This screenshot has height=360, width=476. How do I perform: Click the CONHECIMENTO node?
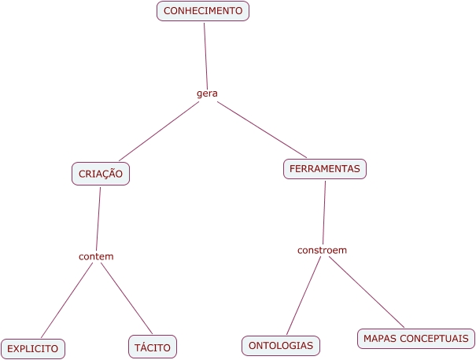coord(203,11)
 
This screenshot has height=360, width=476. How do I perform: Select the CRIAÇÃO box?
coord(101,174)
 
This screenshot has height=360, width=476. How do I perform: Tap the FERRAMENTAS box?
coord(324,169)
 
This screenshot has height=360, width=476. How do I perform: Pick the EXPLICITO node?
coord(33,348)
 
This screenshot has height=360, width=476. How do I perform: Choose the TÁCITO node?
coord(153,347)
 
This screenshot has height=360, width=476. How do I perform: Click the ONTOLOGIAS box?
coord(281,345)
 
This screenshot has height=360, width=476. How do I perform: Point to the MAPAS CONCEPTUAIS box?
coord(416,339)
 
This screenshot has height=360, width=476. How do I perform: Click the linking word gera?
coord(207,94)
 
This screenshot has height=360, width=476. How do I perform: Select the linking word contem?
coord(96,257)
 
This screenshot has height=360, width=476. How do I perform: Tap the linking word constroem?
coord(322,250)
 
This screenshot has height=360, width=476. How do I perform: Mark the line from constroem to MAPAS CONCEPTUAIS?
coord(366,292)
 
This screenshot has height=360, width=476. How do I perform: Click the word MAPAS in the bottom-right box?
coord(381,339)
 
